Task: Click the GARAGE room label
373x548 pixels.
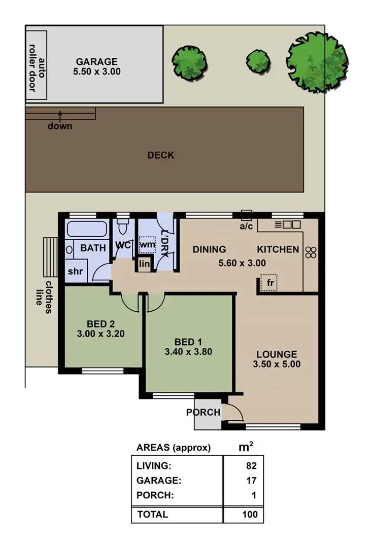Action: [96, 61]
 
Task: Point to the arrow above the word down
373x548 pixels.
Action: [60, 114]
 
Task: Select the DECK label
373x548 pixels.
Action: [161, 155]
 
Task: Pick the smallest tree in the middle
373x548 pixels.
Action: [258, 61]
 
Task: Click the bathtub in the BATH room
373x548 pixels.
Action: [86, 230]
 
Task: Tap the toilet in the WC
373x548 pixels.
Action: [123, 224]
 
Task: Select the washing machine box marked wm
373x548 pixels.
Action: [147, 245]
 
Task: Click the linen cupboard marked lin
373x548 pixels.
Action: [145, 265]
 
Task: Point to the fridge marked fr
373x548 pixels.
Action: [269, 283]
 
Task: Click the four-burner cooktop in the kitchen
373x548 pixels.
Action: [311, 252]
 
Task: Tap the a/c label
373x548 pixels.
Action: [246, 227]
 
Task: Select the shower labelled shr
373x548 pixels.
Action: [75, 271]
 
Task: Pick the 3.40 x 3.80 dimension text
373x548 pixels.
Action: [188, 351]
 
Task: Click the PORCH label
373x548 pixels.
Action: [204, 412]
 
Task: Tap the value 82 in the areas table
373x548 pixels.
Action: [251, 466]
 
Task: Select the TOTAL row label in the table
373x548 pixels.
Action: [152, 514]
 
